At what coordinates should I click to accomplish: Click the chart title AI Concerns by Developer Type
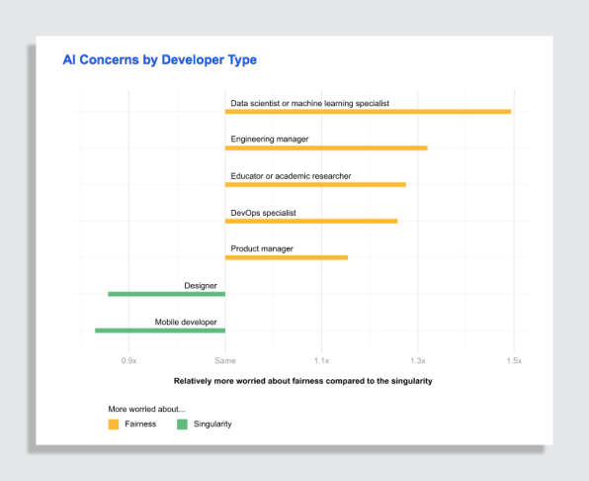point(160,59)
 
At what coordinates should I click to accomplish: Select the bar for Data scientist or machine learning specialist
point(368,111)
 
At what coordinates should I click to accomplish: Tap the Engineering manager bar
point(326,147)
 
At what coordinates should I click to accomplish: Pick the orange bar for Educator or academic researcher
point(315,184)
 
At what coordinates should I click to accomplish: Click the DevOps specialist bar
point(311,221)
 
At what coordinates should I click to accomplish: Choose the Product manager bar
point(287,257)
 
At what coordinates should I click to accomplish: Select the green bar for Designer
point(167,294)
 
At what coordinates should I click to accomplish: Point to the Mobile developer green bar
point(160,331)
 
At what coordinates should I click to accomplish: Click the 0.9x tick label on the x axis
point(128,360)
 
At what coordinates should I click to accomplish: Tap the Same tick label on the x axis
point(225,360)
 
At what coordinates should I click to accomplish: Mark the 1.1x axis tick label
point(321,360)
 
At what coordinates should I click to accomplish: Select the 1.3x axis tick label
point(418,360)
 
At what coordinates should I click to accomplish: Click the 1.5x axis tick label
point(514,360)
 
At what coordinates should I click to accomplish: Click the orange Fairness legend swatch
point(114,425)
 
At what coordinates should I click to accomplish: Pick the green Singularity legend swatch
point(182,425)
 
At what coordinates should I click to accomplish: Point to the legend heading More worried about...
point(146,409)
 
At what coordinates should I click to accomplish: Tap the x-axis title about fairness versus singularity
point(302,381)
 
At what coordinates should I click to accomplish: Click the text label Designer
point(201,285)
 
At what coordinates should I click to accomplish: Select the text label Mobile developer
point(186,322)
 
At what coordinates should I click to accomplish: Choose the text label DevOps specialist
point(263,213)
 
